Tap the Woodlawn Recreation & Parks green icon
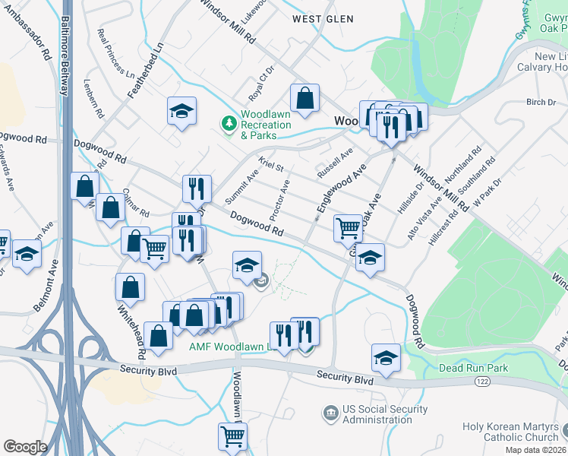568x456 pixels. tap(227, 122)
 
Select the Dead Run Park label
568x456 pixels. tap(472, 368)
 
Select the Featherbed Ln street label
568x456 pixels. tap(135, 69)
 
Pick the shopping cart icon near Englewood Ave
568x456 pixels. tap(348, 226)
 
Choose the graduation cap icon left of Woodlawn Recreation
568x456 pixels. tap(181, 111)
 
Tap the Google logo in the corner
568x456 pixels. tap(25, 447)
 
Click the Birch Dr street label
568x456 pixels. tap(541, 102)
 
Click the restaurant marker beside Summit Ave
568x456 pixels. tap(197, 188)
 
